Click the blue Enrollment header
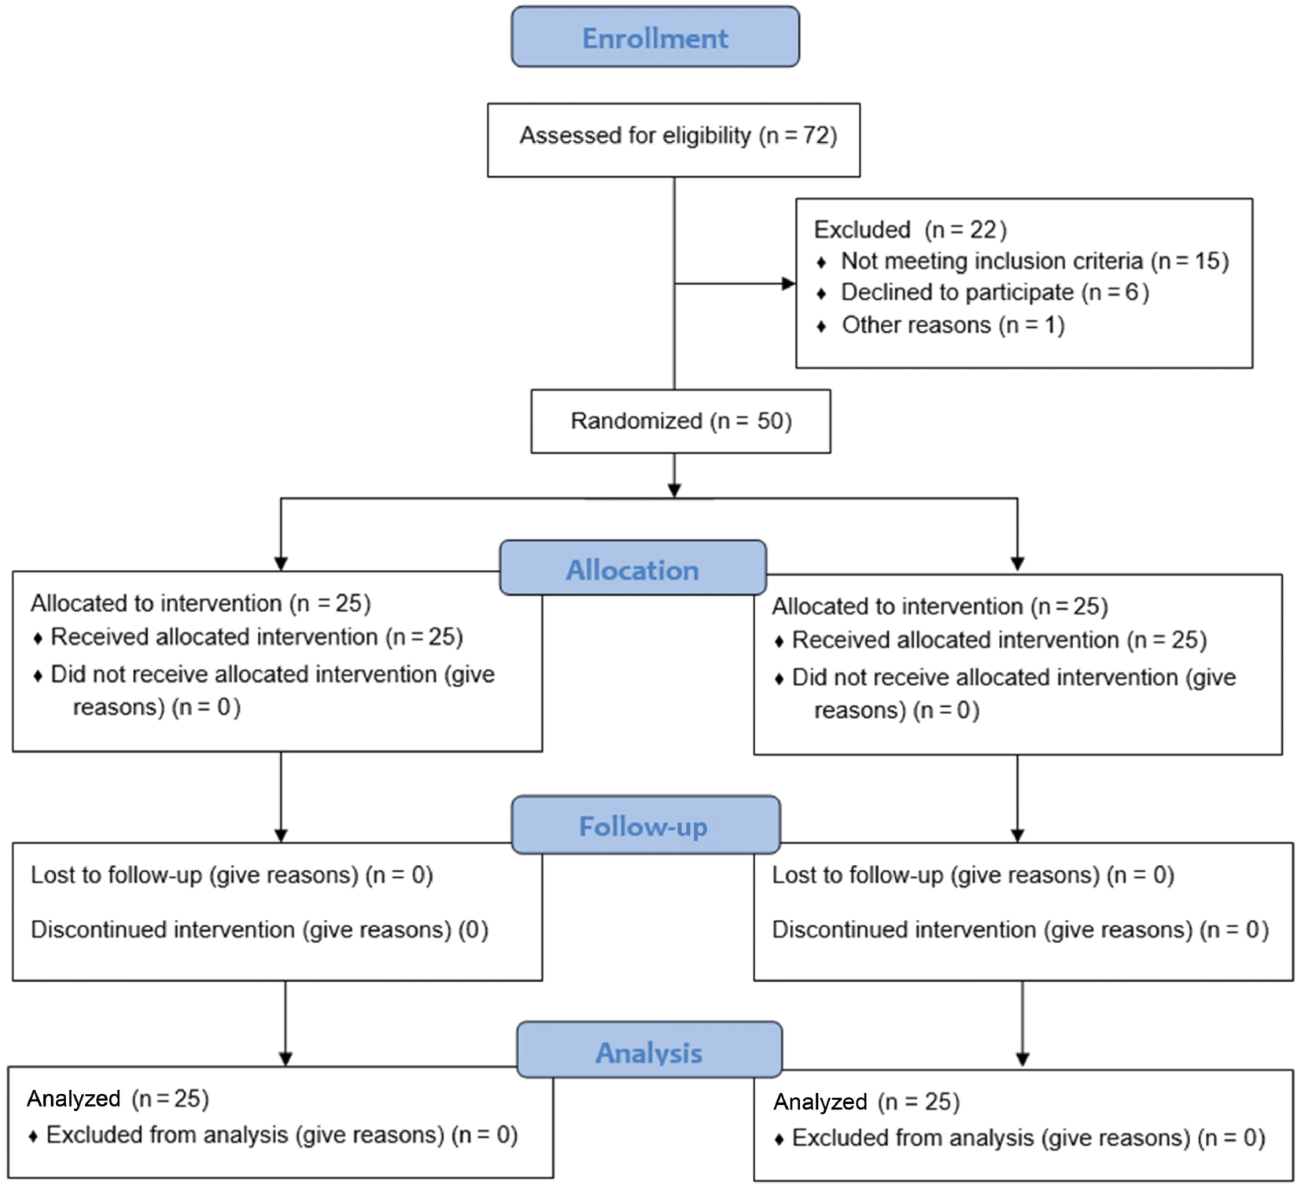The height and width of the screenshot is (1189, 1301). [655, 37]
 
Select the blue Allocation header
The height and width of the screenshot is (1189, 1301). [632, 568]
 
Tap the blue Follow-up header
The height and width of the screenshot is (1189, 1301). [645, 825]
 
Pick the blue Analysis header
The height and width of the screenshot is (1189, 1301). [649, 1050]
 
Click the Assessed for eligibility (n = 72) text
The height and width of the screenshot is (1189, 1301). [678, 136]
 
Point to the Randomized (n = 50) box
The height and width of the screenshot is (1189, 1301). [680, 421]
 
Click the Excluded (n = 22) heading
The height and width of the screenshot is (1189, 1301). [910, 230]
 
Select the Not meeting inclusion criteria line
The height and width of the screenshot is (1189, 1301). [1023, 261]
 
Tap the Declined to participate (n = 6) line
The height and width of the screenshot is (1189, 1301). [983, 293]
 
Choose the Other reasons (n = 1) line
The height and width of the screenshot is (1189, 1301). [941, 325]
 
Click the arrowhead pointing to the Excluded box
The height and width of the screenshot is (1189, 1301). [788, 284]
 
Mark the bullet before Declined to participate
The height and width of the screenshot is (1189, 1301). [821, 294]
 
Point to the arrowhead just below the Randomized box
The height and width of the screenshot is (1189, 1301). [674, 490]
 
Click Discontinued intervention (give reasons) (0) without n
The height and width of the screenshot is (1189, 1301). [260, 930]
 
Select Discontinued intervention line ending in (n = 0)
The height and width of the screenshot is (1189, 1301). [1020, 930]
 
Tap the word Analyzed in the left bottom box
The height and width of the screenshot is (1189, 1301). [74, 1099]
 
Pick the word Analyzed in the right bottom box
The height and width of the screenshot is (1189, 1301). [820, 1102]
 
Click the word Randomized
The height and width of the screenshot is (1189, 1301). [636, 421]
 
